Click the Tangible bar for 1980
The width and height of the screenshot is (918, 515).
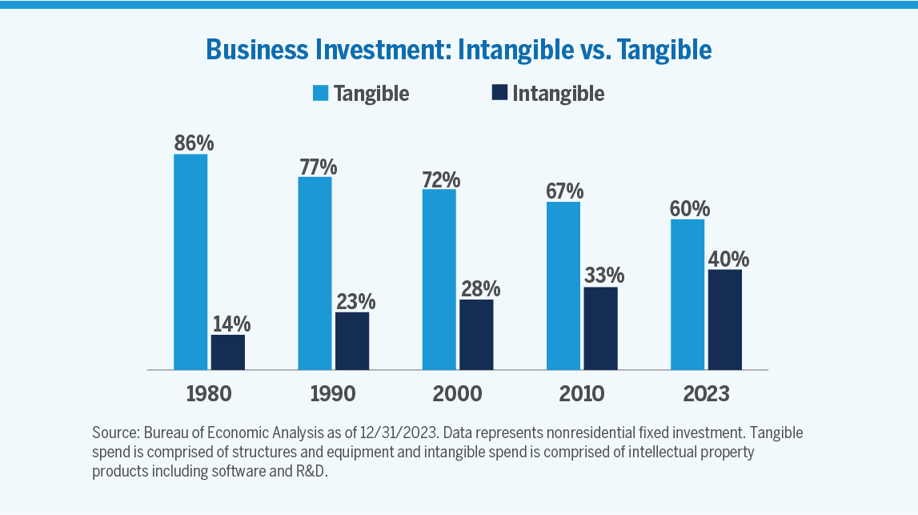(190, 262)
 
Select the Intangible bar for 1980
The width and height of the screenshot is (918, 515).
(228, 352)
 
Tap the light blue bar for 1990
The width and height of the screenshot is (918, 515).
(315, 273)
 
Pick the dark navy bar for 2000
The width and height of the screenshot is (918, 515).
(476, 335)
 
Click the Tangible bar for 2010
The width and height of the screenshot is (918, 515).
(563, 286)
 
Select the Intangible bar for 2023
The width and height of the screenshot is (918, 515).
(725, 320)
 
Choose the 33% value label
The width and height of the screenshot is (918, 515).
(603, 276)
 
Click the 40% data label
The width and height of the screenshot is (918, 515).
(728, 259)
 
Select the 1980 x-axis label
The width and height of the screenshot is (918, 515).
(209, 394)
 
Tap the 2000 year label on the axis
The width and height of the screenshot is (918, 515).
(458, 394)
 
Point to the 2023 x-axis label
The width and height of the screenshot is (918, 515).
(706, 394)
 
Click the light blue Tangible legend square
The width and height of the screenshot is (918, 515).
(320, 93)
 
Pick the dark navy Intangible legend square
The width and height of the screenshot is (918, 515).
(499, 93)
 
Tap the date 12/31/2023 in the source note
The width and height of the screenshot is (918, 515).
(399, 433)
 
